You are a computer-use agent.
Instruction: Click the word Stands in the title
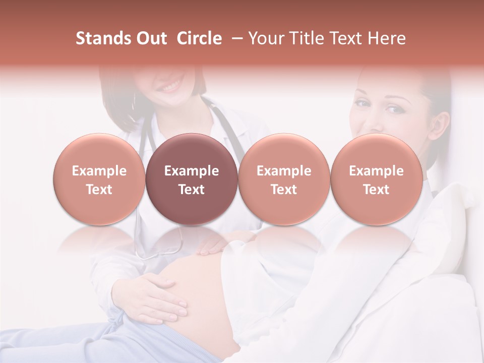[102, 38]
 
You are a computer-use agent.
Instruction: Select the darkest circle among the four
[192, 179]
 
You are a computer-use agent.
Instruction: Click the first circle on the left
[99, 179]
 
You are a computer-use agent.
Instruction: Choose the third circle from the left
[284, 179]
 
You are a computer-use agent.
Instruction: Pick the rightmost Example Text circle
[377, 179]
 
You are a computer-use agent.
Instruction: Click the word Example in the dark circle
[192, 171]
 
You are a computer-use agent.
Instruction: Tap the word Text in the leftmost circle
[99, 190]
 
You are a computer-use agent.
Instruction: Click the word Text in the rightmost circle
[377, 190]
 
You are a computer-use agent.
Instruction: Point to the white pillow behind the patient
[444, 237]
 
